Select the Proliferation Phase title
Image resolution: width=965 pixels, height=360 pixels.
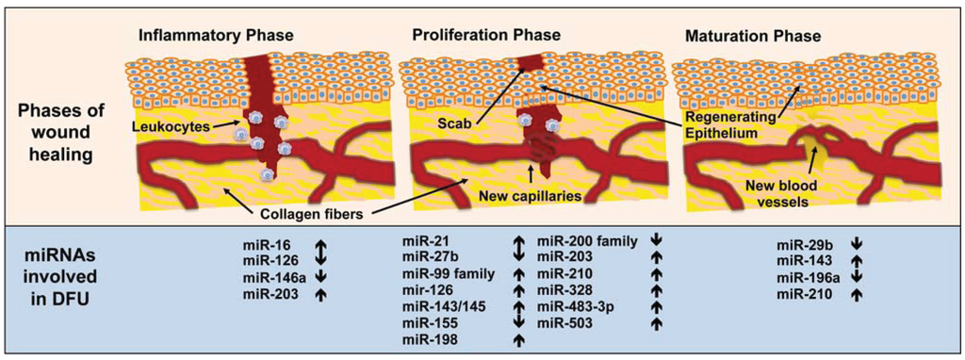486,35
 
